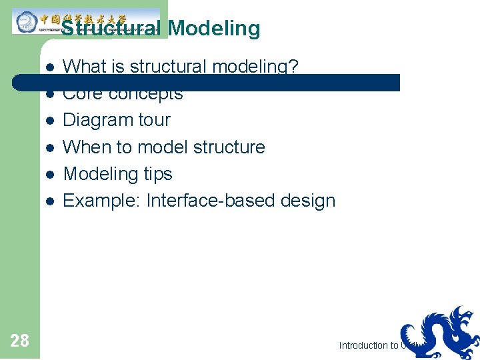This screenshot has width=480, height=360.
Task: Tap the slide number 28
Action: [x=20, y=341]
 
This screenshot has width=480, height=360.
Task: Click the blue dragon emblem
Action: [x=440, y=333]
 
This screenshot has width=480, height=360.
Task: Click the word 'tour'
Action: [x=155, y=120]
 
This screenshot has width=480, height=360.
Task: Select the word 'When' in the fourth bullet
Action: [x=86, y=147]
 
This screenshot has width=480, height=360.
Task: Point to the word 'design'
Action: [x=311, y=201]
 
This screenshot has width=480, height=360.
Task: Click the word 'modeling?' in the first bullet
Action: [x=255, y=67]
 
